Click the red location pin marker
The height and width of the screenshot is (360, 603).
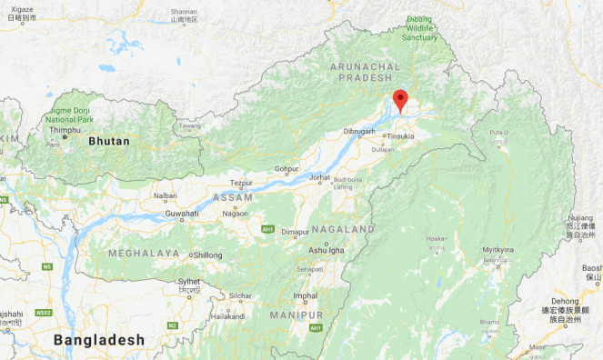[400, 99]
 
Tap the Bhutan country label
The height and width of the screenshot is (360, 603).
[109, 142]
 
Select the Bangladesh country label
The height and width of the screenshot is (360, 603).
[99, 339]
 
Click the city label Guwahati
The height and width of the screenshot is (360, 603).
[181, 214]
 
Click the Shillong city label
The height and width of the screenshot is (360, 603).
[206, 255]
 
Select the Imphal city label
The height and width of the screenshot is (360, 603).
[306, 295]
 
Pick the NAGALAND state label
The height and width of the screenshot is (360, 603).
[342, 228]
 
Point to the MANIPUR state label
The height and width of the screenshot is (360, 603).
[296, 315]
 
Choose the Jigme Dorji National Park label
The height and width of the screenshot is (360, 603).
[70, 113]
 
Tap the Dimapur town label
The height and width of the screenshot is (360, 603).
[295, 232]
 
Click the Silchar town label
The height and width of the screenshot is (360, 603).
[240, 295]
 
